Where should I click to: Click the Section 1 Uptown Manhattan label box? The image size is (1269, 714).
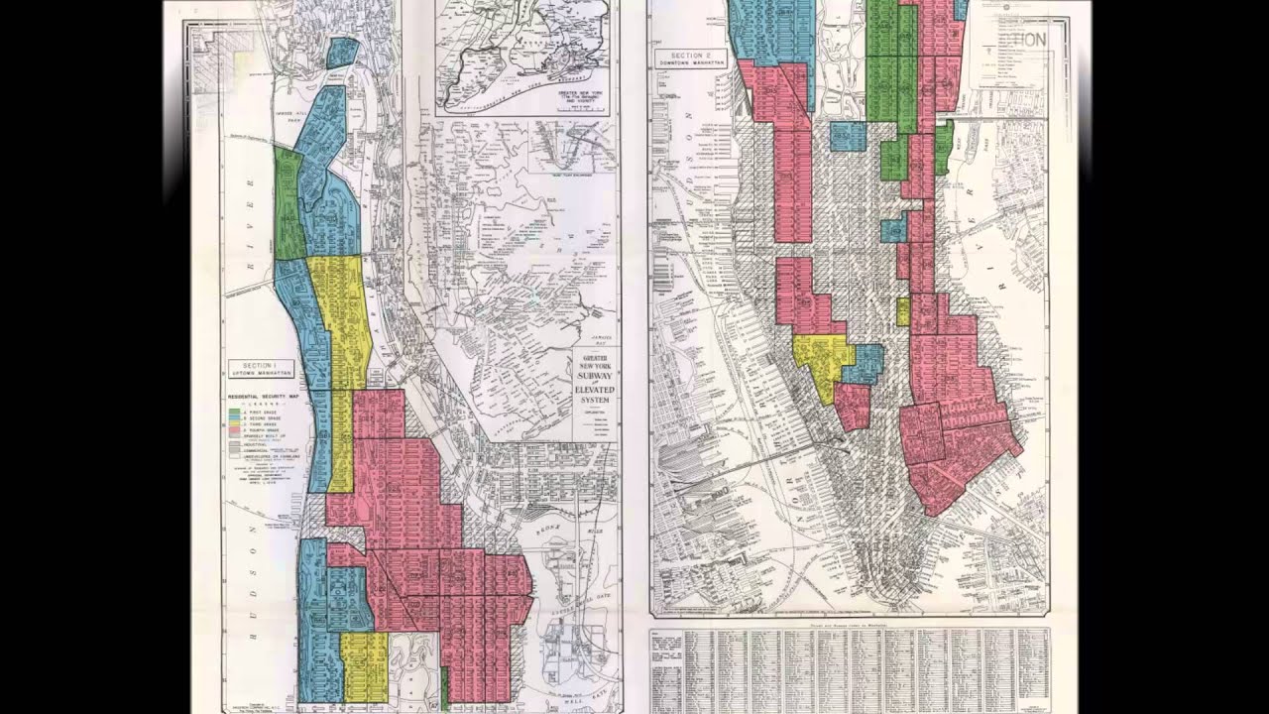(263, 368)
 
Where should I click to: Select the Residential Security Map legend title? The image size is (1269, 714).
(263, 396)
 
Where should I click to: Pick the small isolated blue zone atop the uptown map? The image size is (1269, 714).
(341, 53)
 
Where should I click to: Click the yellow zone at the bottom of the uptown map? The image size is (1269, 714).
(364, 664)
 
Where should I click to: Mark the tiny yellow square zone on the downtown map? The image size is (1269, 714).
(902, 311)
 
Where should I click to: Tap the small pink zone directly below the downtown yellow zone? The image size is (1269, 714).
(852, 406)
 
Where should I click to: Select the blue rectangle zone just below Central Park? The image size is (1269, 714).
(848, 136)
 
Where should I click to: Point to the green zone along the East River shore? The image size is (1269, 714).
(944, 146)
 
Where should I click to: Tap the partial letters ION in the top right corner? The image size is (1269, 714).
(1034, 40)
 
